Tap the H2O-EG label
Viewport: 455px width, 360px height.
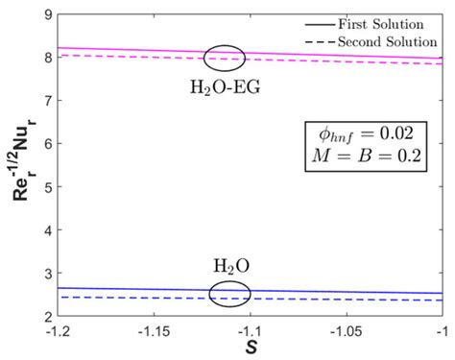pos(227,84)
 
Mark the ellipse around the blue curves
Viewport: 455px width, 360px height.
pos(229,292)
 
